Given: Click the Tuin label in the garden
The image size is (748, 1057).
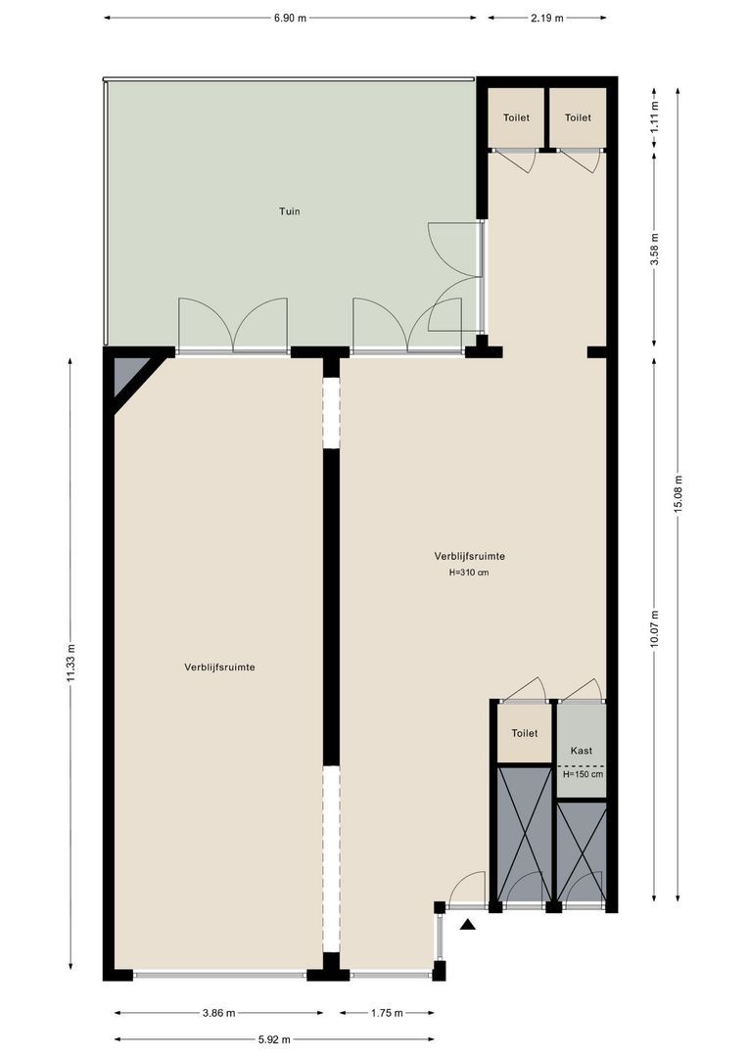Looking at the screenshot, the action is (x=290, y=211).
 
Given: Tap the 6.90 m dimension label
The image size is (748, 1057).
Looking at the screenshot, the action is (x=290, y=19).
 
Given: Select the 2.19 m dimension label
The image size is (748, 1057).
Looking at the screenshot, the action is (x=547, y=19).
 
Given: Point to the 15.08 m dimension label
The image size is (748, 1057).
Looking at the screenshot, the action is (x=678, y=494).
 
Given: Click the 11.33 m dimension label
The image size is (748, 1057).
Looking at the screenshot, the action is (x=70, y=664).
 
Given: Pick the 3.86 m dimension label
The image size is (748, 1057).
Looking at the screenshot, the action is (x=219, y=1013).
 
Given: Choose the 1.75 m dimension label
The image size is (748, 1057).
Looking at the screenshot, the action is (x=387, y=1013).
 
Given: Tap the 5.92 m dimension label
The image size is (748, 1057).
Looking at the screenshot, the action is (x=274, y=1039).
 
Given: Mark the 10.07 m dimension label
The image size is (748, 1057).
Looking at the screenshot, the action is (x=654, y=629).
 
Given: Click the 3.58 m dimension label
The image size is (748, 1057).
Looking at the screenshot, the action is (x=654, y=250).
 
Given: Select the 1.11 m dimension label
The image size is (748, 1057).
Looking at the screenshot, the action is (x=654, y=115).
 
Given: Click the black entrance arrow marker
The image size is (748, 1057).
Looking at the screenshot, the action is (x=468, y=925).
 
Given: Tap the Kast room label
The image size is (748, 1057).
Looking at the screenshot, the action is (x=582, y=751).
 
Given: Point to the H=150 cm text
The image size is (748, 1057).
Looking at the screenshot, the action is (x=583, y=774).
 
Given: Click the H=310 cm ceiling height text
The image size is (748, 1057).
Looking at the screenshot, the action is (x=469, y=573).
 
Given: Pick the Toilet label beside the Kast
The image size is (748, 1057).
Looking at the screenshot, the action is (x=524, y=733).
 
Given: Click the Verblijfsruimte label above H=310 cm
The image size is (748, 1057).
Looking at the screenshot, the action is (x=469, y=556).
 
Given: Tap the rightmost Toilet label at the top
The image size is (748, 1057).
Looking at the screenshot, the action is (x=578, y=117).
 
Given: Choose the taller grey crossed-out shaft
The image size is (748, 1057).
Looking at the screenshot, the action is (x=524, y=834).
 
